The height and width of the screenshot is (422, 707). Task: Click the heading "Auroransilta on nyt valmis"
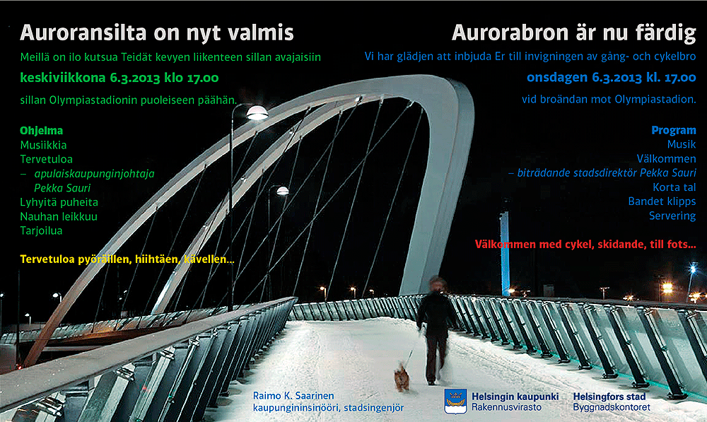click(156, 33)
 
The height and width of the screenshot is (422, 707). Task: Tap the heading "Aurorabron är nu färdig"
click(574, 33)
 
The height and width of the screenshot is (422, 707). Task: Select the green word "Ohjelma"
click(42, 131)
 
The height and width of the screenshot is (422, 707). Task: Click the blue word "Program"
click(674, 130)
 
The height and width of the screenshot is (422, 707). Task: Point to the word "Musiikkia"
click(43, 145)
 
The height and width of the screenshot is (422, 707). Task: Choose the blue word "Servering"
click(672, 216)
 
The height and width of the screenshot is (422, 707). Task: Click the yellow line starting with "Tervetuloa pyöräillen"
click(127, 259)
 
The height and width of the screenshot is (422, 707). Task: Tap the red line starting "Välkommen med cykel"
click(585, 245)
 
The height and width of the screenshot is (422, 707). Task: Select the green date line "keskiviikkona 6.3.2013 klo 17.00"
click(119, 78)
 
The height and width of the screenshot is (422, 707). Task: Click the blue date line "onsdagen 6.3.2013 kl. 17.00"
click(612, 78)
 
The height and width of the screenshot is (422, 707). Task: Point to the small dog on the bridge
click(402, 377)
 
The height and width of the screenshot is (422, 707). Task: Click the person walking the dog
click(435, 330)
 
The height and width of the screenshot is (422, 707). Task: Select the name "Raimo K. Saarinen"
click(293, 396)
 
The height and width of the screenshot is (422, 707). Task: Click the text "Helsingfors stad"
click(609, 397)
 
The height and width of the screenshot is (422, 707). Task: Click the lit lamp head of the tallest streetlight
click(257, 112)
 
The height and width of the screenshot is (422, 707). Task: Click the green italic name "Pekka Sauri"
click(62, 188)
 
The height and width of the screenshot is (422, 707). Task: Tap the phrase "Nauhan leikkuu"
click(59, 216)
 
